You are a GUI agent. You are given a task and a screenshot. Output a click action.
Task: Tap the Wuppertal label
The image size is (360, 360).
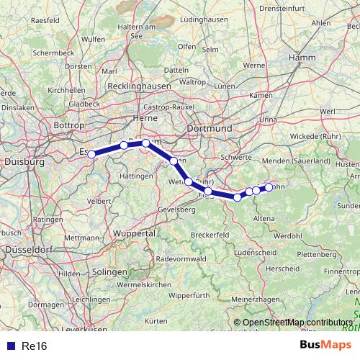pos(135,234)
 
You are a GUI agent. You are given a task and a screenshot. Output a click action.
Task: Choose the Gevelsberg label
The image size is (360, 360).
pos(176,209)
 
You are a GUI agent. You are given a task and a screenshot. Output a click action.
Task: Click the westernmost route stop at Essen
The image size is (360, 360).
pos(91,154)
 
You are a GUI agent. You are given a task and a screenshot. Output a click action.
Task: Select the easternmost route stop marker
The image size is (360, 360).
pos(269,187)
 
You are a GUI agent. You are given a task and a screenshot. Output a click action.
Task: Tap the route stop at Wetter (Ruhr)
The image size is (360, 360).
pos(189,182)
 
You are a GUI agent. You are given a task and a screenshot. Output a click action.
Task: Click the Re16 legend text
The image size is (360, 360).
pos(35,346)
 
